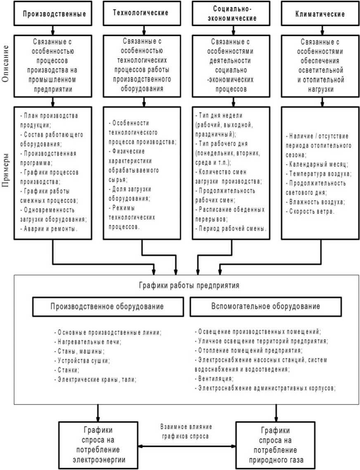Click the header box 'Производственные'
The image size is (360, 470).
tap(54, 13)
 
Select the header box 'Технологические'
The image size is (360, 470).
tap(141, 13)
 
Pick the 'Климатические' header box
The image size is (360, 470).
tap(320, 13)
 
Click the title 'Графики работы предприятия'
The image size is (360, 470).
tap(187, 285)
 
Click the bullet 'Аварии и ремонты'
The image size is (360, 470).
tap(50, 228)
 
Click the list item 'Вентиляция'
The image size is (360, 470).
tap(215, 378)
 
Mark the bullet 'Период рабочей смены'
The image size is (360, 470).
tap(230, 228)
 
